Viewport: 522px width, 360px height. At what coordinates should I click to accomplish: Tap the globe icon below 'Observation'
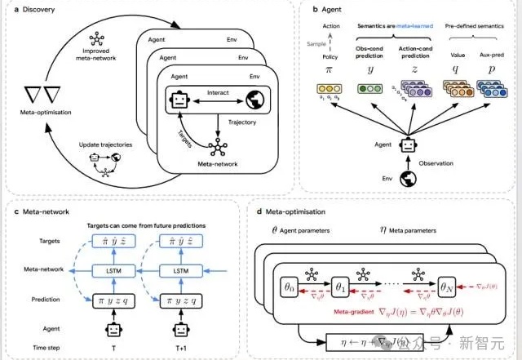[x=405, y=181]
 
